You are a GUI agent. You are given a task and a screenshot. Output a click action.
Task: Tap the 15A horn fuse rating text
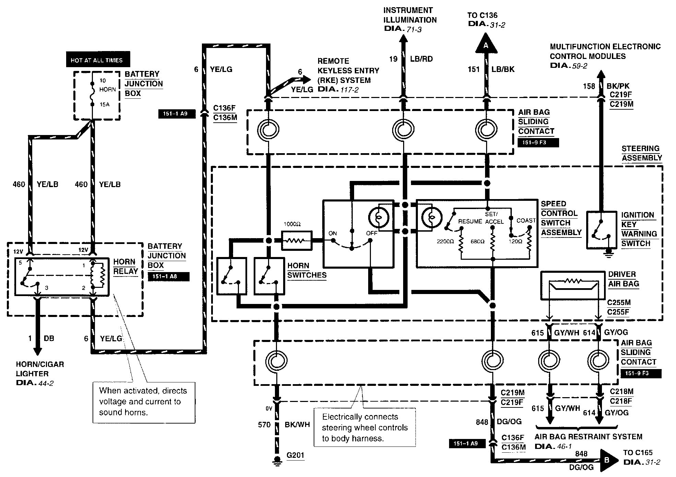[x=104, y=105]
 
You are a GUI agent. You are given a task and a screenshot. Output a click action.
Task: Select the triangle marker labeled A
[x=486, y=45]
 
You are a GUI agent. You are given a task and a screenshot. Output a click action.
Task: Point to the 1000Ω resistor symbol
[x=296, y=240]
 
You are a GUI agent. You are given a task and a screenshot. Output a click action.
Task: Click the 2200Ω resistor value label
[x=445, y=242]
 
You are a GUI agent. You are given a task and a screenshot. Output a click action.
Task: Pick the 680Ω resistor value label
[x=478, y=242]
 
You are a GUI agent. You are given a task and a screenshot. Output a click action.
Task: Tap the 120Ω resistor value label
[x=515, y=242]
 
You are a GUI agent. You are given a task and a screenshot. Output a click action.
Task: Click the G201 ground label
[x=295, y=455]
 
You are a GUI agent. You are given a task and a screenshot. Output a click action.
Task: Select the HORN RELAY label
[x=125, y=267]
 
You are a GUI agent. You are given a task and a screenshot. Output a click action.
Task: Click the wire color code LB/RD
[x=421, y=59]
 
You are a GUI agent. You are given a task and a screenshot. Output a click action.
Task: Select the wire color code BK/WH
[x=297, y=425]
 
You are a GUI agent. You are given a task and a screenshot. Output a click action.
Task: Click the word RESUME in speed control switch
[x=470, y=221]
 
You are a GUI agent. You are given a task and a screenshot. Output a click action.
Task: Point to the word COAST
[x=526, y=220]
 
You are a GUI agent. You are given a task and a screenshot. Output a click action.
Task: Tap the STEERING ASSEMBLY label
[x=642, y=153]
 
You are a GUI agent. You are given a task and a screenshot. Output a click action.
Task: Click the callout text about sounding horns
[x=143, y=401]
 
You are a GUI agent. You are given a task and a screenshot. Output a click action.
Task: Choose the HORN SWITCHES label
[x=306, y=270]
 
